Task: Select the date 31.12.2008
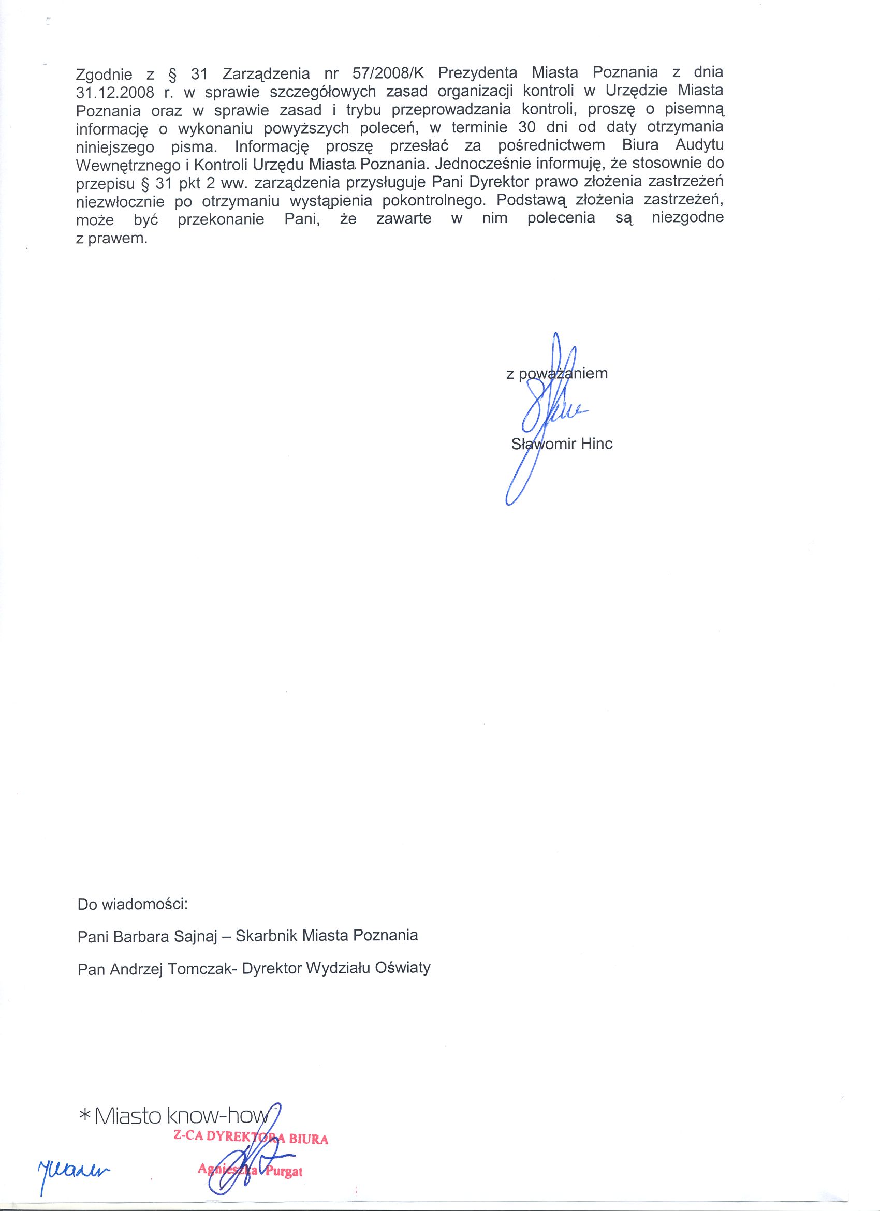115,92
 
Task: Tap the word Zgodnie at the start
105,73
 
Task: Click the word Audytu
699,145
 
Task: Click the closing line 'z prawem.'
112,238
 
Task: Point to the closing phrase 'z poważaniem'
556,373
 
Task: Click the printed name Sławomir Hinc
562,444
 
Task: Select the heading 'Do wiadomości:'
133,905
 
